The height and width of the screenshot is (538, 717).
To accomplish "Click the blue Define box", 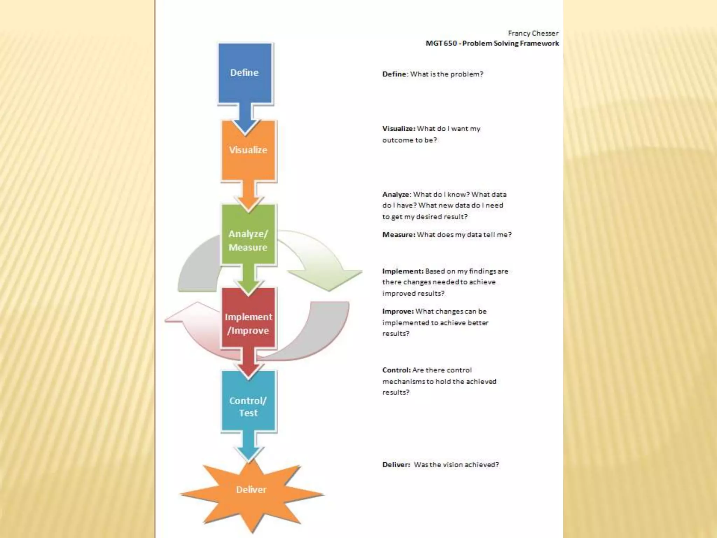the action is tap(245, 73).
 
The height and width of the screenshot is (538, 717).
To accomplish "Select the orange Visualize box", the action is tap(248, 150).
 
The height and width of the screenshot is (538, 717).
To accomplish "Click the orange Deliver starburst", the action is tap(251, 490).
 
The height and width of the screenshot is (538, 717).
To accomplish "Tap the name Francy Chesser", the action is tap(533, 33).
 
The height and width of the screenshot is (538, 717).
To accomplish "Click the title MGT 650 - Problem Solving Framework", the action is tap(492, 43).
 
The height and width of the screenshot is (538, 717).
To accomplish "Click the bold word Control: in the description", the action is tap(397, 370).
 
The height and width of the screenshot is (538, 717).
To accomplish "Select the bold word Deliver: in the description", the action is tap(396, 465).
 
